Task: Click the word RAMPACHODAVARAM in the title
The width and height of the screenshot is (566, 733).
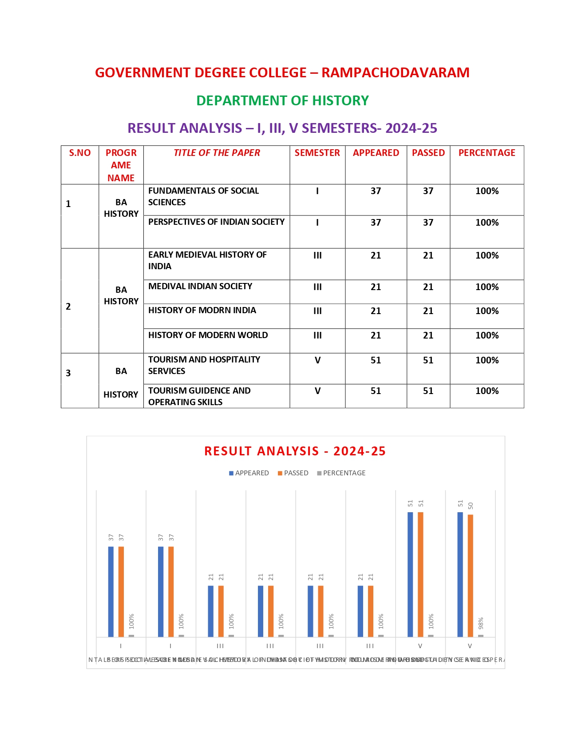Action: [x=395, y=72]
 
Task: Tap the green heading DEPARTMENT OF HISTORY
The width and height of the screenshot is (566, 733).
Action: [x=282, y=101]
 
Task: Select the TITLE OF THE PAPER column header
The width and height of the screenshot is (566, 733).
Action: [x=217, y=153]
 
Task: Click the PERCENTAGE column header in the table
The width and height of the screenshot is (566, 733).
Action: [x=487, y=153]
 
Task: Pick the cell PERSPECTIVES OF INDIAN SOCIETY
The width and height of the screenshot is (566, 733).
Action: [x=216, y=222]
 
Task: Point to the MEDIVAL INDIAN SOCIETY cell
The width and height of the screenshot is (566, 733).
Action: [x=200, y=287]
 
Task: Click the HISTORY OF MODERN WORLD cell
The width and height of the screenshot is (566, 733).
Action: [x=208, y=335]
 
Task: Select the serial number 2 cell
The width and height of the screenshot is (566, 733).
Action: [x=68, y=307]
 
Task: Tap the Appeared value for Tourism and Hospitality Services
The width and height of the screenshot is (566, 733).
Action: [x=376, y=360]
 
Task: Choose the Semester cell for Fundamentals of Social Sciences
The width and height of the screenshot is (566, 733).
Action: [x=317, y=191]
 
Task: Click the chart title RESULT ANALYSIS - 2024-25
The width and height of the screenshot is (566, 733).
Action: [x=295, y=451]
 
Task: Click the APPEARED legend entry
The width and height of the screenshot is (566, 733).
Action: [x=249, y=473]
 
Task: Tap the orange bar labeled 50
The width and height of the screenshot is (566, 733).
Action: [x=471, y=575]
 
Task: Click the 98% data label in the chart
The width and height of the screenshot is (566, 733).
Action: [x=481, y=623]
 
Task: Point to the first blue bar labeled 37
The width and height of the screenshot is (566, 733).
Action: [x=111, y=591]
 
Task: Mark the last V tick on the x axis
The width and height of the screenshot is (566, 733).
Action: [x=470, y=646]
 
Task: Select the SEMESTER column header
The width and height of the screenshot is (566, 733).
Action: [x=317, y=153]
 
